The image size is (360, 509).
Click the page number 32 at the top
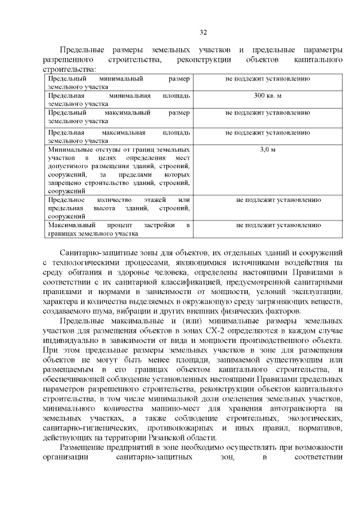click(204, 31)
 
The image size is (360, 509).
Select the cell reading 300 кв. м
click(267, 96)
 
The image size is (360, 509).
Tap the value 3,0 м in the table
click(267, 150)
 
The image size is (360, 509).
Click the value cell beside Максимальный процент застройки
click(278, 225)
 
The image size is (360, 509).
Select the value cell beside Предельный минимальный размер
click(267, 80)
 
